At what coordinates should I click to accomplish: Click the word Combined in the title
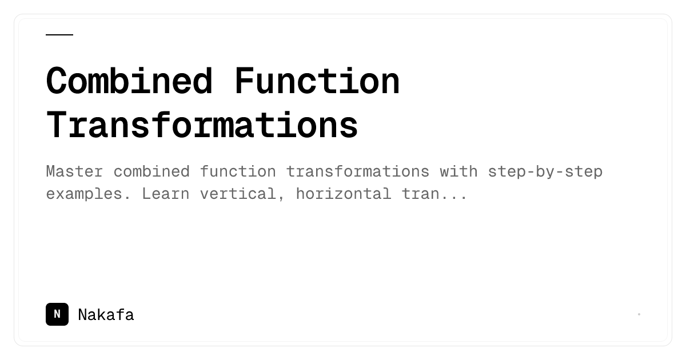pos(129,81)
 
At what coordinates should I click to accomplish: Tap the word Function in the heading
pos(317,81)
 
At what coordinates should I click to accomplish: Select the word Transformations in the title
pos(202,125)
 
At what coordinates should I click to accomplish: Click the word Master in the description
pos(74,171)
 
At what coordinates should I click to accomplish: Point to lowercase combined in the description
pos(151,171)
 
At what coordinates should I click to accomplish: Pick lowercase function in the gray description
pos(238,171)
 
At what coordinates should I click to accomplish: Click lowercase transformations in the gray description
pos(358,171)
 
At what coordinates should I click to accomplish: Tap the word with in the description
pos(458,171)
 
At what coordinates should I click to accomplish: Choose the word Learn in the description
pos(166,194)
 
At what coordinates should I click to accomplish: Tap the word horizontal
pos(344,194)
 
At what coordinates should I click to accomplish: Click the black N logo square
pos(57,314)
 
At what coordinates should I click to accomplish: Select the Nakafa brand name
pos(106,315)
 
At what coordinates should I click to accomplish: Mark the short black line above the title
pos(59,35)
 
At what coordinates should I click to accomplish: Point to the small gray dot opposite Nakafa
pos(639,314)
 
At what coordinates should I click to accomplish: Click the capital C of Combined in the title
pos(56,81)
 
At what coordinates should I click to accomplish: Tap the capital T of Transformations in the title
pos(56,125)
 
